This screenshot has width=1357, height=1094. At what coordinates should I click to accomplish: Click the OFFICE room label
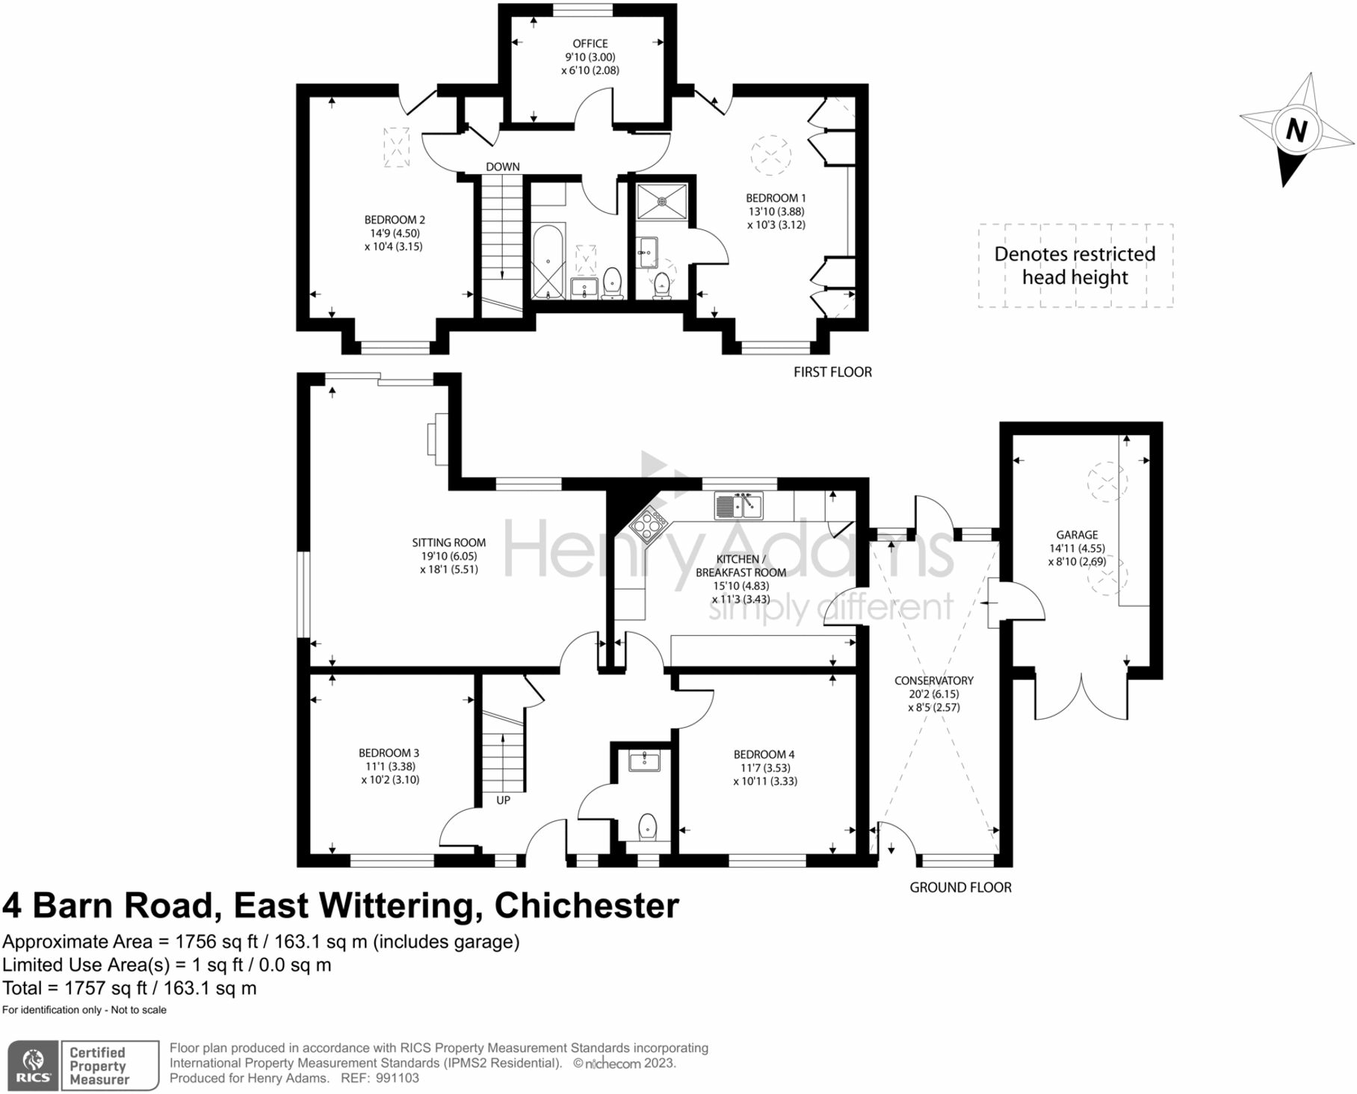tap(590, 44)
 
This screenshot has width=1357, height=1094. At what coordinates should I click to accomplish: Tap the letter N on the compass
tap(1296, 131)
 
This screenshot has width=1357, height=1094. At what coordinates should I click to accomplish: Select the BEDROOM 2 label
tap(395, 220)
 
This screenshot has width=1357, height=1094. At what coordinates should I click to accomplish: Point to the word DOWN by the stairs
tap(502, 167)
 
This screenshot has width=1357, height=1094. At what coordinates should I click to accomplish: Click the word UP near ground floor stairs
tap(503, 800)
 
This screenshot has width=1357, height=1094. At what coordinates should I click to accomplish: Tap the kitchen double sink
tap(738, 506)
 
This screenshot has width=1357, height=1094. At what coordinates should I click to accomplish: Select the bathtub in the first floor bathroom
tap(548, 262)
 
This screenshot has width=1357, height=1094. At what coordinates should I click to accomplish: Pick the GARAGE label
tap(1077, 535)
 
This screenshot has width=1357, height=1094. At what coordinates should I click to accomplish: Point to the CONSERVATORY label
tap(933, 681)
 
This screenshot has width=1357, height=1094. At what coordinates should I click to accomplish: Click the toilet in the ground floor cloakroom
tap(647, 827)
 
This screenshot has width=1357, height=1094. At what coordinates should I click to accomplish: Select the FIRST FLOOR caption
tap(832, 372)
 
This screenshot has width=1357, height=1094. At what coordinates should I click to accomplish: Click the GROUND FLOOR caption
tap(960, 888)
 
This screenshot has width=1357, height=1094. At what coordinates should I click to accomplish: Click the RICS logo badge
tap(33, 1065)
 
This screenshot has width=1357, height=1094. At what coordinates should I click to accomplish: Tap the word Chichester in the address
tap(587, 906)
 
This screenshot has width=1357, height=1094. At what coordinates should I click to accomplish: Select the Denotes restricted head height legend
tap(1075, 265)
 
